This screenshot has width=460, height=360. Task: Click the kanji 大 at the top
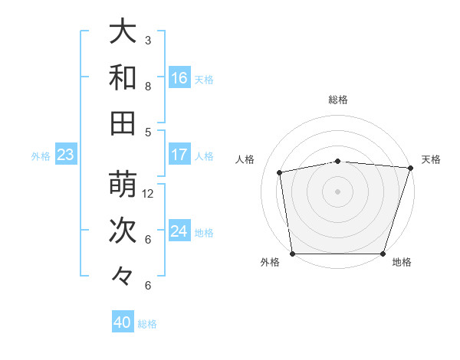click(123, 31)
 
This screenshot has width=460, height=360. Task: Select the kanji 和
click(123, 77)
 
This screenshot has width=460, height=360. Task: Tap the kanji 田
click(123, 123)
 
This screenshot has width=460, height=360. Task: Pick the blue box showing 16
click(179, 78)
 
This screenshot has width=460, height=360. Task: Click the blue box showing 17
click(179, 155)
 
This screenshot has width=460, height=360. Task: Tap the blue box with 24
click(179, 231)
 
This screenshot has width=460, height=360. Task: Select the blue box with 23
click(66, 155)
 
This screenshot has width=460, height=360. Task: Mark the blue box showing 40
click(123, 323)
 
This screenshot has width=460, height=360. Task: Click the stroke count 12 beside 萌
click(149, 193)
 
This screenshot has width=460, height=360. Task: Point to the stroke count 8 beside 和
click(148, 86)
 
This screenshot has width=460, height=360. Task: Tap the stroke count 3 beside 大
click(148, 40)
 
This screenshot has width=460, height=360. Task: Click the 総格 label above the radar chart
click(338, 100)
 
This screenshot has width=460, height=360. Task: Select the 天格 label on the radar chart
click(431, 159)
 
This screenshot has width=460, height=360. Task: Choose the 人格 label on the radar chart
click(245, 159)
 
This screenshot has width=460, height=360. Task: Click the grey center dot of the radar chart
click(338, 191)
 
